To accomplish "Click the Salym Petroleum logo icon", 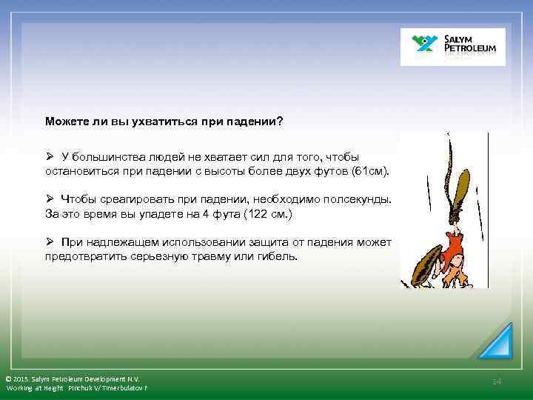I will pos(426,45).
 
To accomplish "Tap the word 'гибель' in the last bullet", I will pos(278,256).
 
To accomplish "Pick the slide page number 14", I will pos(497,381).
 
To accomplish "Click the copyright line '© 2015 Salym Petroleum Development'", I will pos(72,378).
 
